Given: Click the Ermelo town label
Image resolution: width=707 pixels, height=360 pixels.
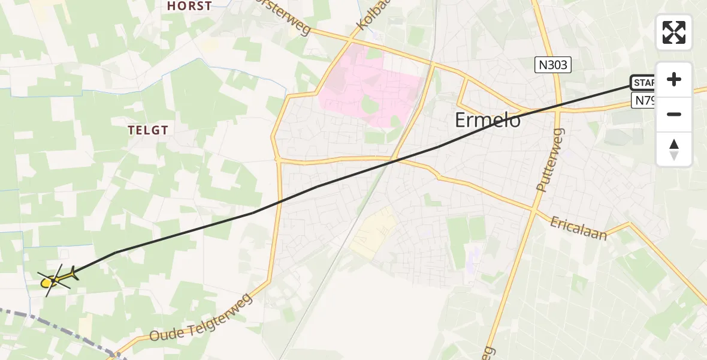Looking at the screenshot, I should pos(488,120).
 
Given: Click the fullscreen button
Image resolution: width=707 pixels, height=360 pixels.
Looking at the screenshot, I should pos(674,32).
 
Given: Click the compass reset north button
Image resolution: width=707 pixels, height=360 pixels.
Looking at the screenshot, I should pos(674,149).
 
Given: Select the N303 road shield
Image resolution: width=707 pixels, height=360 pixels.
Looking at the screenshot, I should pos(553,65).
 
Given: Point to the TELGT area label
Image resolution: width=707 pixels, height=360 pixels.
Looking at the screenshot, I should pos(147,130).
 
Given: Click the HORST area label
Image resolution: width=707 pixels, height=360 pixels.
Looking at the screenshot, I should pos(189,7).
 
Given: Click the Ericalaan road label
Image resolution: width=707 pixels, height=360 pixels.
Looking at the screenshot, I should pos(578,228).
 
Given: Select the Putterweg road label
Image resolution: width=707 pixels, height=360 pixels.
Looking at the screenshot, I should pos(550,160).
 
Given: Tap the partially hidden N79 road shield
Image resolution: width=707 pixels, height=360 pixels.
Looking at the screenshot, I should pos(644,100).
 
